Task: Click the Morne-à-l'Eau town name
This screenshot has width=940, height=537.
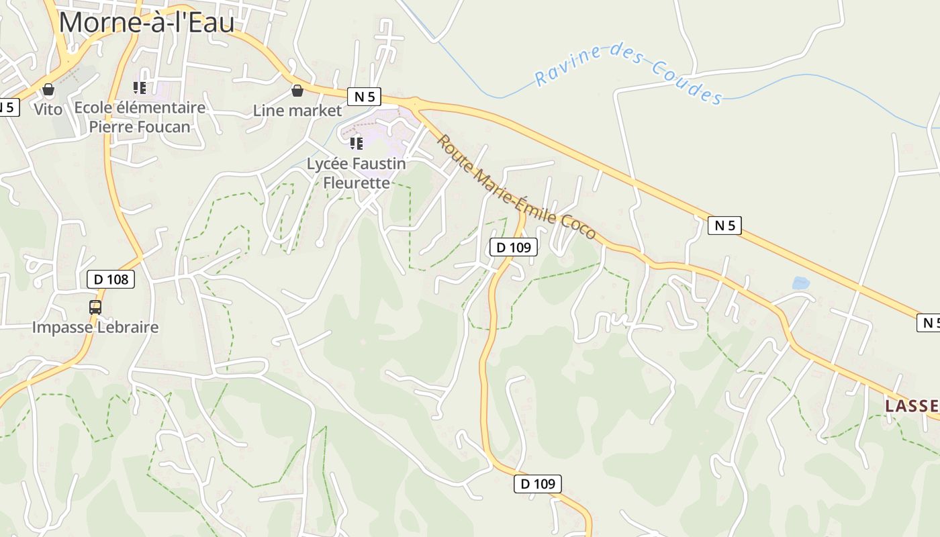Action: pos(146,22)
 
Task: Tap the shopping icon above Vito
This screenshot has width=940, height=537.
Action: pos(48,89)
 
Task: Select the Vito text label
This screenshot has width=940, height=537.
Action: pos(48,109)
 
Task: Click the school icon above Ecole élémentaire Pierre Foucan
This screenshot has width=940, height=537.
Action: pos(140,88)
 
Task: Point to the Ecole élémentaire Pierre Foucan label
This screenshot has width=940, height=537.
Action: pos(140,117)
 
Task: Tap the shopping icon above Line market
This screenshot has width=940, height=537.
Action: pos(297,90)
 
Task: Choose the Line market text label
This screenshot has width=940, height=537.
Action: pos(297,111)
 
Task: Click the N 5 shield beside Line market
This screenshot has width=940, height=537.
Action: pos(364,97)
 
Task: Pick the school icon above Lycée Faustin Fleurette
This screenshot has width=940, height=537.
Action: pos(357,143)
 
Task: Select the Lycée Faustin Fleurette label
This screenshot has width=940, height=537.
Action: pos(357,173)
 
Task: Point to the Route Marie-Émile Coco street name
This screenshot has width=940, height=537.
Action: pos(516,187)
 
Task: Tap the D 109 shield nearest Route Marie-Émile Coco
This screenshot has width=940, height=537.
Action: pos(514,247)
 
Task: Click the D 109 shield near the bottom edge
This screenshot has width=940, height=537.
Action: pos(538,483)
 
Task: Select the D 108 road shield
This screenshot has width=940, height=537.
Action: pos(111,279)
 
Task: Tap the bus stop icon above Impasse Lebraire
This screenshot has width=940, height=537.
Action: pos(95,307)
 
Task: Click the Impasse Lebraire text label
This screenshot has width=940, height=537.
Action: pos(95,328)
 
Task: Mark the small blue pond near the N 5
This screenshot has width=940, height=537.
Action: pos(801,283)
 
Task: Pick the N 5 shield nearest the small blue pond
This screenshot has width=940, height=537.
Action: pos(724,226)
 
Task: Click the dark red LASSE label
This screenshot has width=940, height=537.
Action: pos(912,405)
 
